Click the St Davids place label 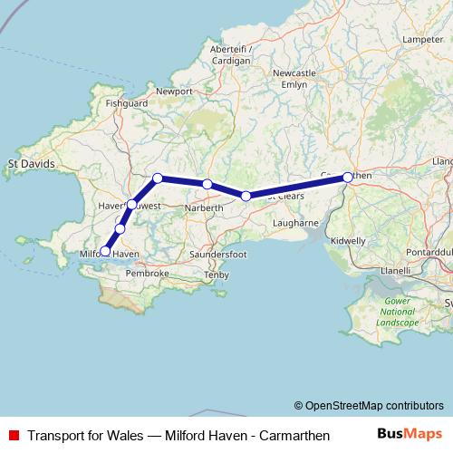(x=32, y=164)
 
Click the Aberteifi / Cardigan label (x=229, y=54)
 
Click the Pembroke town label (x=148, y=273)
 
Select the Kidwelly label (x=348, y=241)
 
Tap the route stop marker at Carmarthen (x=348, y=178)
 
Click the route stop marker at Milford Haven (x=106, y=251)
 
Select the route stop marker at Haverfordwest (x=132, y=205)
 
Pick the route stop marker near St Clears (x=246, y=196)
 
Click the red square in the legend (x=14, y=436)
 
